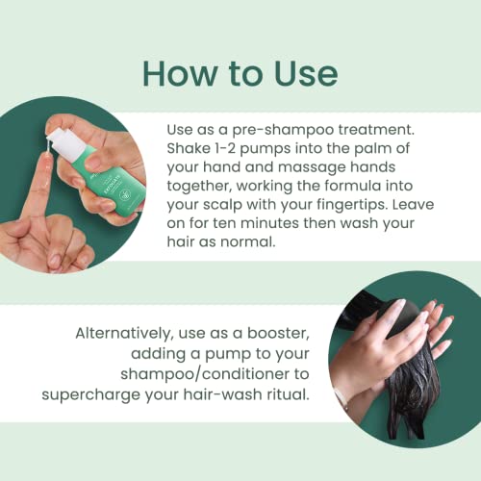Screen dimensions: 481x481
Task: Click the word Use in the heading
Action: pos(306,74)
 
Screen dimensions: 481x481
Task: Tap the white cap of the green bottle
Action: pos(68,142)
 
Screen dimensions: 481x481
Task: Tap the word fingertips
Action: pos(352,205)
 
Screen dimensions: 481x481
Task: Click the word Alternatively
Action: pos(124,334)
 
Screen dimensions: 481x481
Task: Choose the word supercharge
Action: pos(90,395)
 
